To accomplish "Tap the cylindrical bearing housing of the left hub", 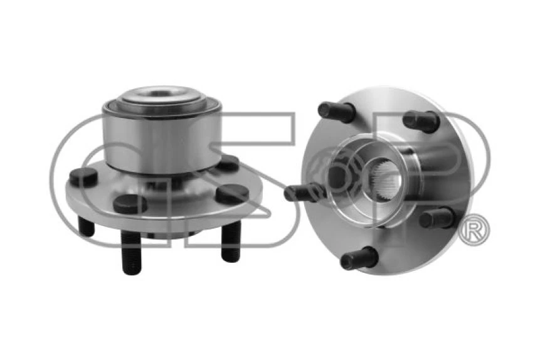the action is pos(162,141).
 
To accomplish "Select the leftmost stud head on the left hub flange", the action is pos(83,177).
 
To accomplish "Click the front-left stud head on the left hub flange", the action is pos(130,204).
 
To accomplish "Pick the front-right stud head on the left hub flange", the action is pos(231,193).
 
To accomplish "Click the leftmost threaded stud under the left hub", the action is pos(86,226).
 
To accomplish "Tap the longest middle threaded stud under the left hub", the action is pos(131,251).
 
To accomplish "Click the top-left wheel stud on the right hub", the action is pos(336,112).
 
